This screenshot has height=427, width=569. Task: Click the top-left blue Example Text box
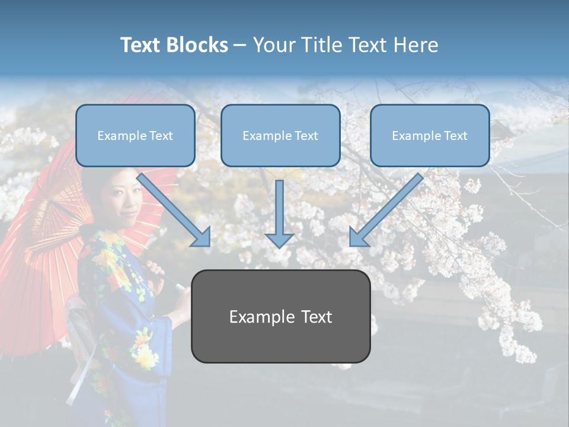click(x=135, y=136)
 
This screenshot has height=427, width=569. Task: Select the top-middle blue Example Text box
click(x=280, y=136)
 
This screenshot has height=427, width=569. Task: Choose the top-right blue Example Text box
click(x=430, y=136)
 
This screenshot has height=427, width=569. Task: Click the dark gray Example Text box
click(x=280, y=317)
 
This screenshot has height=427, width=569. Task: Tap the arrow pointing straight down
click(x=279, y=213)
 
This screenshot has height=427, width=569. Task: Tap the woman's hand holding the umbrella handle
click(x=156, y=270)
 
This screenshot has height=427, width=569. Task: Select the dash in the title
click(x=240, y=46)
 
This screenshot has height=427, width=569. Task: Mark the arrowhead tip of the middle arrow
click(x=279, y=247)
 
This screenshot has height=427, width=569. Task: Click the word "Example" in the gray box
click(x=256, y=317)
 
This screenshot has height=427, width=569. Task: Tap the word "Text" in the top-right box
click(x=455, y=136)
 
